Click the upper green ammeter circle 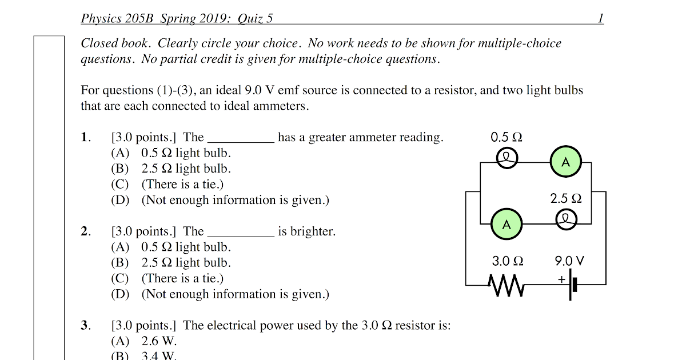(x=565, y=162)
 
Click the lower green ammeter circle (x=506, y=224)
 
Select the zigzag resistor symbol (x=506, y=284)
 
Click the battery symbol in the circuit (x=573, y=284)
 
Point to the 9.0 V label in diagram (x=569, y=261)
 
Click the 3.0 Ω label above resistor (x=508, y=261)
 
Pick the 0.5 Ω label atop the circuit (x=506, y=137)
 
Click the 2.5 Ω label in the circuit (x=565, y=199)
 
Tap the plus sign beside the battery (x=561, y=279)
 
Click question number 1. (x=86, y=137)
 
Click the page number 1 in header (x=600, y=18)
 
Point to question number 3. (x=86, y=326)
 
